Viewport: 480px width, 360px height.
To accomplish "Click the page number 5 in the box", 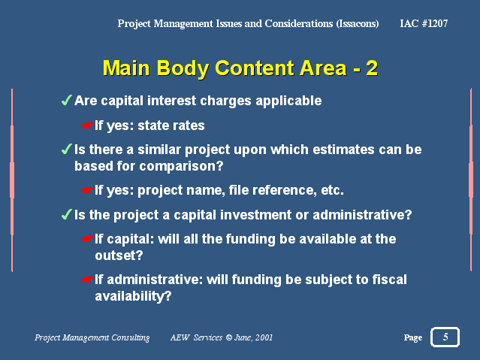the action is point(445,337).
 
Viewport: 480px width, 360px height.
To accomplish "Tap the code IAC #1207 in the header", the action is point(424,23).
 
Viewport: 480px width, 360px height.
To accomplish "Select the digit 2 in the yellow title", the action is point(372,68).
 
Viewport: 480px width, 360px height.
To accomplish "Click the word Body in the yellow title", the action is point(183,69).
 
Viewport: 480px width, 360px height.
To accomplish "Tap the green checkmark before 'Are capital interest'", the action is point(66,100).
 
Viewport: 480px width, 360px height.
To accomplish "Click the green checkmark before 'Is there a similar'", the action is point(66,150).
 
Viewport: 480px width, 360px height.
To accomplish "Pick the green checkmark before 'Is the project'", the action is point(66,214).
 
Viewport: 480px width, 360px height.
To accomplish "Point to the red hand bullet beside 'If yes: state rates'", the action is point(87,126).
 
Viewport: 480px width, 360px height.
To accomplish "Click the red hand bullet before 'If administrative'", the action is point(87,280).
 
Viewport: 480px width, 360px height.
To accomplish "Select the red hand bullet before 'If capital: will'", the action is point(87,239).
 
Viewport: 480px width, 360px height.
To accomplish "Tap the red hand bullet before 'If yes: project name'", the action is point(87,190).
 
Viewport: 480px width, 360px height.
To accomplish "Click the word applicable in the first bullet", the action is point(288,101).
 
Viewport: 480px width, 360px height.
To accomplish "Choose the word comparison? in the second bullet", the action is point(181,166).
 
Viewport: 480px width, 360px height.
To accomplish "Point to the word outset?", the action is point(119,256).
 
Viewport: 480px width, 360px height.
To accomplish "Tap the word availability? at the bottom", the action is point(133,297).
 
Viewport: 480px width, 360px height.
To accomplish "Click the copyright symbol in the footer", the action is point(229,337).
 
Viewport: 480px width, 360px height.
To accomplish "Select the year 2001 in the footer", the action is point(264,337).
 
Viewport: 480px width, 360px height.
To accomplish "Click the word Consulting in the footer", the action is point(131,337).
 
